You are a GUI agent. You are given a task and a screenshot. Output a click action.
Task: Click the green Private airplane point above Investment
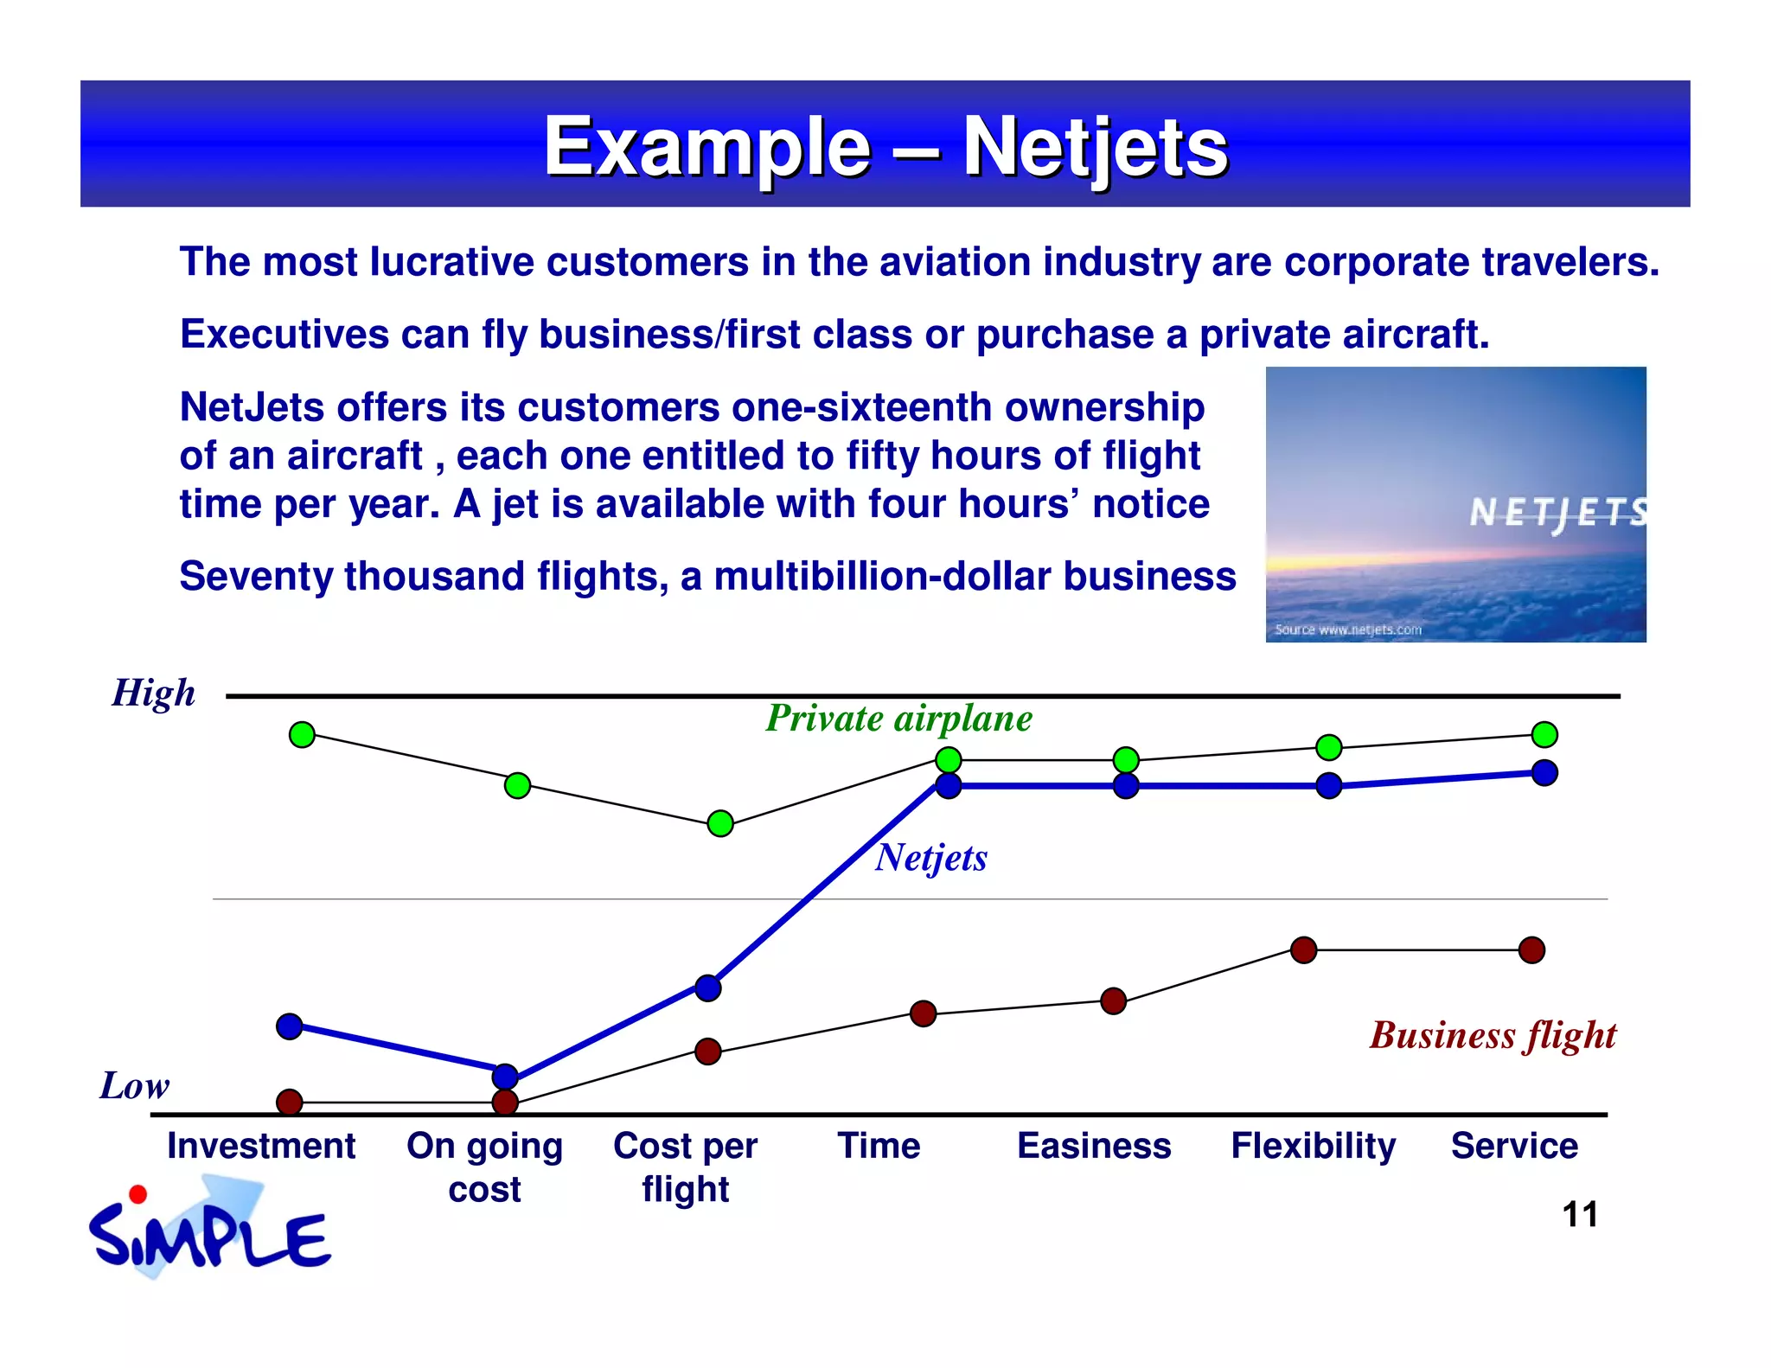302,735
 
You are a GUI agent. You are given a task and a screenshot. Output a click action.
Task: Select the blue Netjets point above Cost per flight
707,988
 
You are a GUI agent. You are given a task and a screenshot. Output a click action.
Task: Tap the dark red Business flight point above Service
1531,949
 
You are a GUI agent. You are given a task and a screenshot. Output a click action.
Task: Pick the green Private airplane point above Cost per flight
720,823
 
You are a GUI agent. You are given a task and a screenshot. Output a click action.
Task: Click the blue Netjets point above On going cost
505,1077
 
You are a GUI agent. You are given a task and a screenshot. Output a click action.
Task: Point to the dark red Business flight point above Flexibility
1303,949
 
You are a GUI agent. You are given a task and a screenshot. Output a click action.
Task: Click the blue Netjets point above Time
949,785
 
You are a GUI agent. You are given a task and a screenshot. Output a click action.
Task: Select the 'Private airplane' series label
898,719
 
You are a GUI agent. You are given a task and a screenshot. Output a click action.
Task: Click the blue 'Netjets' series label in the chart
930,858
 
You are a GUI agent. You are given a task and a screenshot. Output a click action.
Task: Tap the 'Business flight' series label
1493,1035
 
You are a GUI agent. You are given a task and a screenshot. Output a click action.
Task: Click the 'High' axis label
154,693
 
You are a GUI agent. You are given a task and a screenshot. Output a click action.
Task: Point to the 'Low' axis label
134,1085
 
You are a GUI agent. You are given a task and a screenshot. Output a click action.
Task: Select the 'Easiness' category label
1093,1146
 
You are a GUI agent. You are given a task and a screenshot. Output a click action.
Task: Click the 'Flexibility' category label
1313,1146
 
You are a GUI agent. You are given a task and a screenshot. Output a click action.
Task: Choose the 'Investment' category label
261,1146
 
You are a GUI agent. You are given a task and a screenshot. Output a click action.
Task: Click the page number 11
1579,1214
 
